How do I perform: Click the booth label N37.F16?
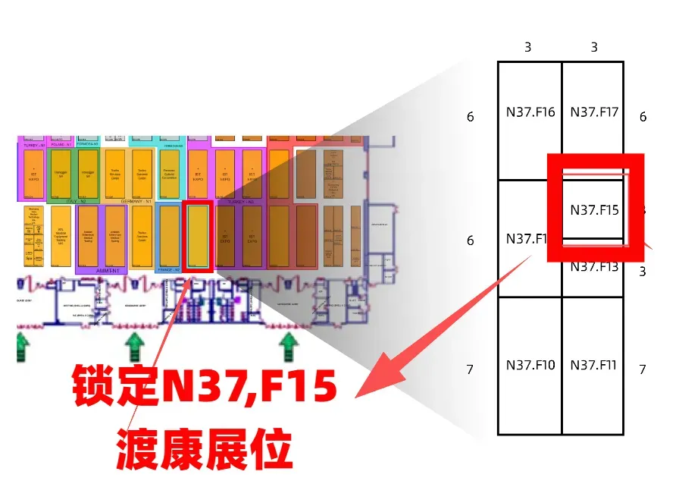[530, 112]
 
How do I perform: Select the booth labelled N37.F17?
[594, 112]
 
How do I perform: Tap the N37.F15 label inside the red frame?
[594, 210]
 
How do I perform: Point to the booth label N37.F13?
[594, 266]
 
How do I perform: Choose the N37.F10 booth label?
[530, 365]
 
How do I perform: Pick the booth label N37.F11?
[594, 365]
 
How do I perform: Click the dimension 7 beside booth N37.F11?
[643, 369]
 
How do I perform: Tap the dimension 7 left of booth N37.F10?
[470, 369]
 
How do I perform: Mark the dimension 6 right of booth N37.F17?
[643, 117]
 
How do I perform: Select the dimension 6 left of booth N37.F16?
[471, 117]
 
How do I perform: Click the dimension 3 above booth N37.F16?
[527, 47]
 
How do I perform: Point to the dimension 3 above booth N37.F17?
[594, 47]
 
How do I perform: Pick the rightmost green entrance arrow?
[288, 347]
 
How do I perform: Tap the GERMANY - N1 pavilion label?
[137, 202]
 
